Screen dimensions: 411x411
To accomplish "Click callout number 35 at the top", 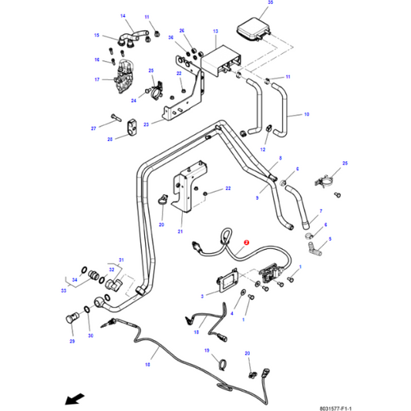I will pyautogui.click(x=270, y=3).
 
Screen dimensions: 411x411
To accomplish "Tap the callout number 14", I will pyautogui.click(x=123, y=16).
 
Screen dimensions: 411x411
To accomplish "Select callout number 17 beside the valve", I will pyautogui.click(x=97, y=79).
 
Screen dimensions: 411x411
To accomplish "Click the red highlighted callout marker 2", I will pyautogui.click(x=245, y=241).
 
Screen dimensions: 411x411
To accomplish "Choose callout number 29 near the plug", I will pyautogui.click(x=72, y=340).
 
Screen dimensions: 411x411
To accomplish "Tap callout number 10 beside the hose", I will pyautogui.click(x=306, y=114).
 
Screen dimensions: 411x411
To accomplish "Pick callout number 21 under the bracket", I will pyautogui.click(x=180, y=231).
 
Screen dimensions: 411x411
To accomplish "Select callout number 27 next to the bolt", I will pyautogui.click(x=94, y=128).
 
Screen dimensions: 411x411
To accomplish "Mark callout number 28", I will pyautogui.click(x=109, y=140).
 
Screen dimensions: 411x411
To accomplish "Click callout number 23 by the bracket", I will pyautogui.click(x=148, y=123).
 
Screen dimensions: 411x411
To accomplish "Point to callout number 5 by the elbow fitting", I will pyautogui.click(x=329, y=239).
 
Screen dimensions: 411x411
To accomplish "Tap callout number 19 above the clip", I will pyautogui.click(x=207, y=350).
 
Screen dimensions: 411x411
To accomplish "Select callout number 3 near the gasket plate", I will pyautogui.click(x=202, y=295).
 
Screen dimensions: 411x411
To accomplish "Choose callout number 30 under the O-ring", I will pyautogui.click(x=90, y=336).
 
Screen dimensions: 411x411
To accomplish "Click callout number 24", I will pyautogui.click(x=133, y=100).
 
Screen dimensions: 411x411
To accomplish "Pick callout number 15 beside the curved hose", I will pyautogui.click(x=97, y=35).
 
